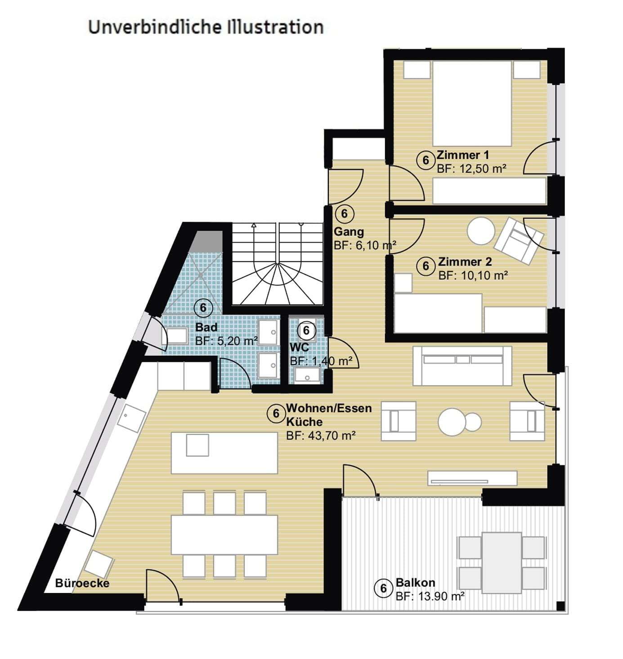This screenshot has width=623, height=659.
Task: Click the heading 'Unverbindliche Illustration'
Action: pyautogui.click(x=206, y=27)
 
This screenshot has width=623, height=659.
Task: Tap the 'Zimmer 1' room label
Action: pyautogui.click(x=462, y=156)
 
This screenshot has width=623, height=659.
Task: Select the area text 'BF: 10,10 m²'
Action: pyautogui.click(x=473, y=275)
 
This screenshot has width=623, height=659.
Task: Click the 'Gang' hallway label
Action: pyautogui.click(x=349, y=232)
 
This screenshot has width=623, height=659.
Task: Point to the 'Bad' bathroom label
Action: pyautogui.click(x=206, y=327)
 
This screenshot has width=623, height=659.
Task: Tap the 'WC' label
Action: pyautogui.click(x=299, y=347)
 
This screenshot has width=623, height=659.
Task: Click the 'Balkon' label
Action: pyautogui.click(x=415, y=583)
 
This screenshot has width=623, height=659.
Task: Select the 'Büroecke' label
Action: pyautogui.click(x=82, y=583)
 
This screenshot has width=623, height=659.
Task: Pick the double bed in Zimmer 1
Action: pyautogui.click(x=472, y=103)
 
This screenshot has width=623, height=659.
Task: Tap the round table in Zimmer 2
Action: pyautogui.click(x=481, y=231)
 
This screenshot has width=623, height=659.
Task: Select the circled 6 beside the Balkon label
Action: pyautogui.click(x=384, y=588)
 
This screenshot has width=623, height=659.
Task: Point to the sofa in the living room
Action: pyautogui.click(x=462, y=365)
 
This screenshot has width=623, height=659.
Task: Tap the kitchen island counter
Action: pyautogui.click(x=224, y=452)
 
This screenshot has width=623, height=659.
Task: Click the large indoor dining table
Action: pyautogui.click(x=224, y=534)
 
